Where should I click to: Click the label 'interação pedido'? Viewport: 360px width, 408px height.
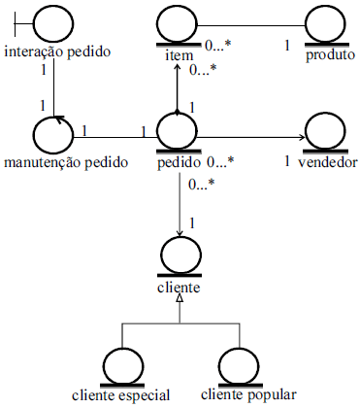click(56, 51)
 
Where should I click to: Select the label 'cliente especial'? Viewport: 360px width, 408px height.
click(121, 394)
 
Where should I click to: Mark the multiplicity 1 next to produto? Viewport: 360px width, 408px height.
click(287, 44)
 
